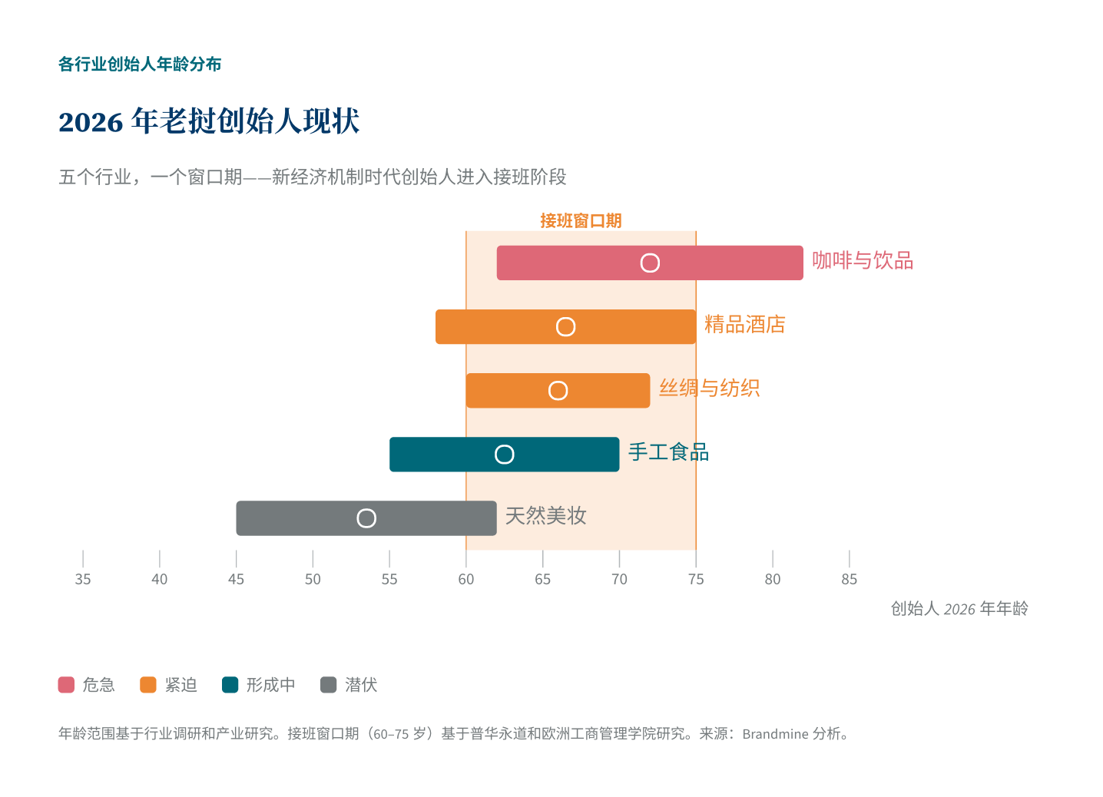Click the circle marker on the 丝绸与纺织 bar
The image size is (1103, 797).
coord(558,391)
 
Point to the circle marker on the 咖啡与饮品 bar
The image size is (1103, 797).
coord(650,263)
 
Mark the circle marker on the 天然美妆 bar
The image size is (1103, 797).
coord(366,518)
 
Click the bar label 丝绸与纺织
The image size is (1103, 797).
coord(709,389)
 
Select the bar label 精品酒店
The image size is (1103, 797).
coord(744,325)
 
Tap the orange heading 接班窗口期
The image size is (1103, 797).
coord(581,221)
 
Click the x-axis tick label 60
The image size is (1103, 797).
coord(466,580)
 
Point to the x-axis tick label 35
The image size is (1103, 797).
coord(83,580)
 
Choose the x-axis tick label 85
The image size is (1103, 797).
coord(849,580)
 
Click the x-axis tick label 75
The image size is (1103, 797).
coord(696,580)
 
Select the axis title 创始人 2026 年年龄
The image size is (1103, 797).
coord(959,609)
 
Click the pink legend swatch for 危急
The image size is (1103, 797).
coord(66,685)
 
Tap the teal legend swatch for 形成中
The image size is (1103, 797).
coord(230,685)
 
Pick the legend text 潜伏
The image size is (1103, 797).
coord(361,685)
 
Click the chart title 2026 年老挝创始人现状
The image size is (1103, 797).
coord(209,121)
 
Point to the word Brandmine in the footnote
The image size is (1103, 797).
coord(775,734)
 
